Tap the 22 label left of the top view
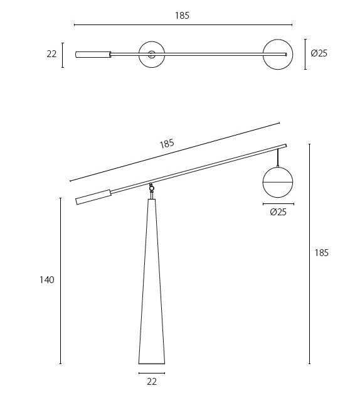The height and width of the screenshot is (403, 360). click(x=51, y=55)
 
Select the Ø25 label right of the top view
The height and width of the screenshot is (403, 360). click(x=319, y=53)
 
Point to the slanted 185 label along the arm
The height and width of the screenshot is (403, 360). click(x=167, y=144)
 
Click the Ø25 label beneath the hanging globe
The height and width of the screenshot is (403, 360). click(x=278, y=212)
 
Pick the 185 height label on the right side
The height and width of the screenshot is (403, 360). click(x=321, y=253)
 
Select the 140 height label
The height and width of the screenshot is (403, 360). click(x=47, y=280)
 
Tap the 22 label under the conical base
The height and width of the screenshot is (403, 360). click(x=151, y=381)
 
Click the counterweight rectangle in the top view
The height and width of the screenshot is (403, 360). click(x=93, y=55)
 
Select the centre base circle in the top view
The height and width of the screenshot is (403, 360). click(x=151, y=55)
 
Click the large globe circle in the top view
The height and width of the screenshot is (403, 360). click(x=277, y=55)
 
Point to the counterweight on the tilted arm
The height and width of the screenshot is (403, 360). click(x=93, y=197)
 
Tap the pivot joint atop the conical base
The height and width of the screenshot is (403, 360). click(x=151, y=188)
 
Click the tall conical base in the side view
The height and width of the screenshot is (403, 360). click(x=151, y=289)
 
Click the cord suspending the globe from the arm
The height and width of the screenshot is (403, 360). click(x=278, y=158)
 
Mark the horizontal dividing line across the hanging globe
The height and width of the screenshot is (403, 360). click(x=278, y=181)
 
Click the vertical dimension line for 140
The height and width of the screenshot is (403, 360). click(x=61, y=281)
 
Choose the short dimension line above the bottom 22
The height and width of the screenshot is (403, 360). click(x=151, y=373)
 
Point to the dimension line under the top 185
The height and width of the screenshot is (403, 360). click(x=183, y=25)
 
